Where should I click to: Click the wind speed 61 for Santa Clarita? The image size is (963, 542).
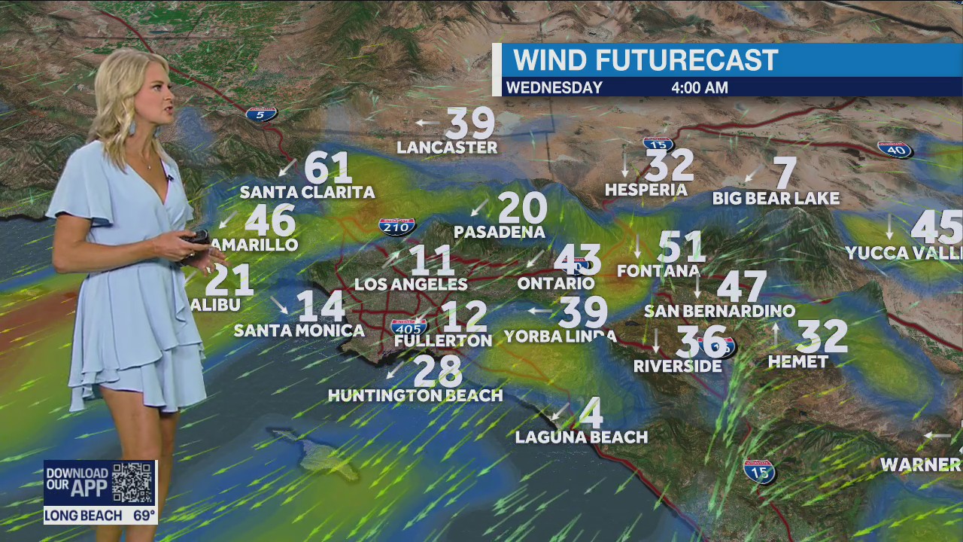tap(328, 168)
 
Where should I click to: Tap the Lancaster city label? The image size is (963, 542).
tap(447, 148)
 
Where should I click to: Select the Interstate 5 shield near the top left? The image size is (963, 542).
tap(261, 114)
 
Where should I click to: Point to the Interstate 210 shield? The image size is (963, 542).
tap(397, 226)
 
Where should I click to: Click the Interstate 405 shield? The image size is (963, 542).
tap(409, 327)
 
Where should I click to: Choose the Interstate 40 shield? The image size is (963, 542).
tap(895, 150)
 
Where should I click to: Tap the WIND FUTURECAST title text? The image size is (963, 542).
tap(645, 60)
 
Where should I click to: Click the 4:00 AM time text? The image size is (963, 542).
tap(700, 88)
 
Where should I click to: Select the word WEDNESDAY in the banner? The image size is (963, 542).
tap(554, 88)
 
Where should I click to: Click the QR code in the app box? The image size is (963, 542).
tap(133, 483)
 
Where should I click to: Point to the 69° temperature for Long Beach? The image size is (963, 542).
tap(144, 516)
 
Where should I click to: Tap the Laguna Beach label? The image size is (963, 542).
tap(582, 437)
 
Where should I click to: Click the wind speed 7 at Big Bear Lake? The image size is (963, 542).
tap(785, 173)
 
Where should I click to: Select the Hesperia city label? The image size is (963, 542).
tap(646, 190)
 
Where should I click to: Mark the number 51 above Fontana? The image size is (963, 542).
tap(681, 247)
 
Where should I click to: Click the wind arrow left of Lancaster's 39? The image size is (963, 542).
tap(427, 122)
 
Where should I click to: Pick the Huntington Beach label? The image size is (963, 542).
tap(415, 395)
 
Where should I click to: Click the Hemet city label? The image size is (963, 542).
tap(798, 362)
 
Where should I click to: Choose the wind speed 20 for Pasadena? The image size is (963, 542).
tap(522, 208)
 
